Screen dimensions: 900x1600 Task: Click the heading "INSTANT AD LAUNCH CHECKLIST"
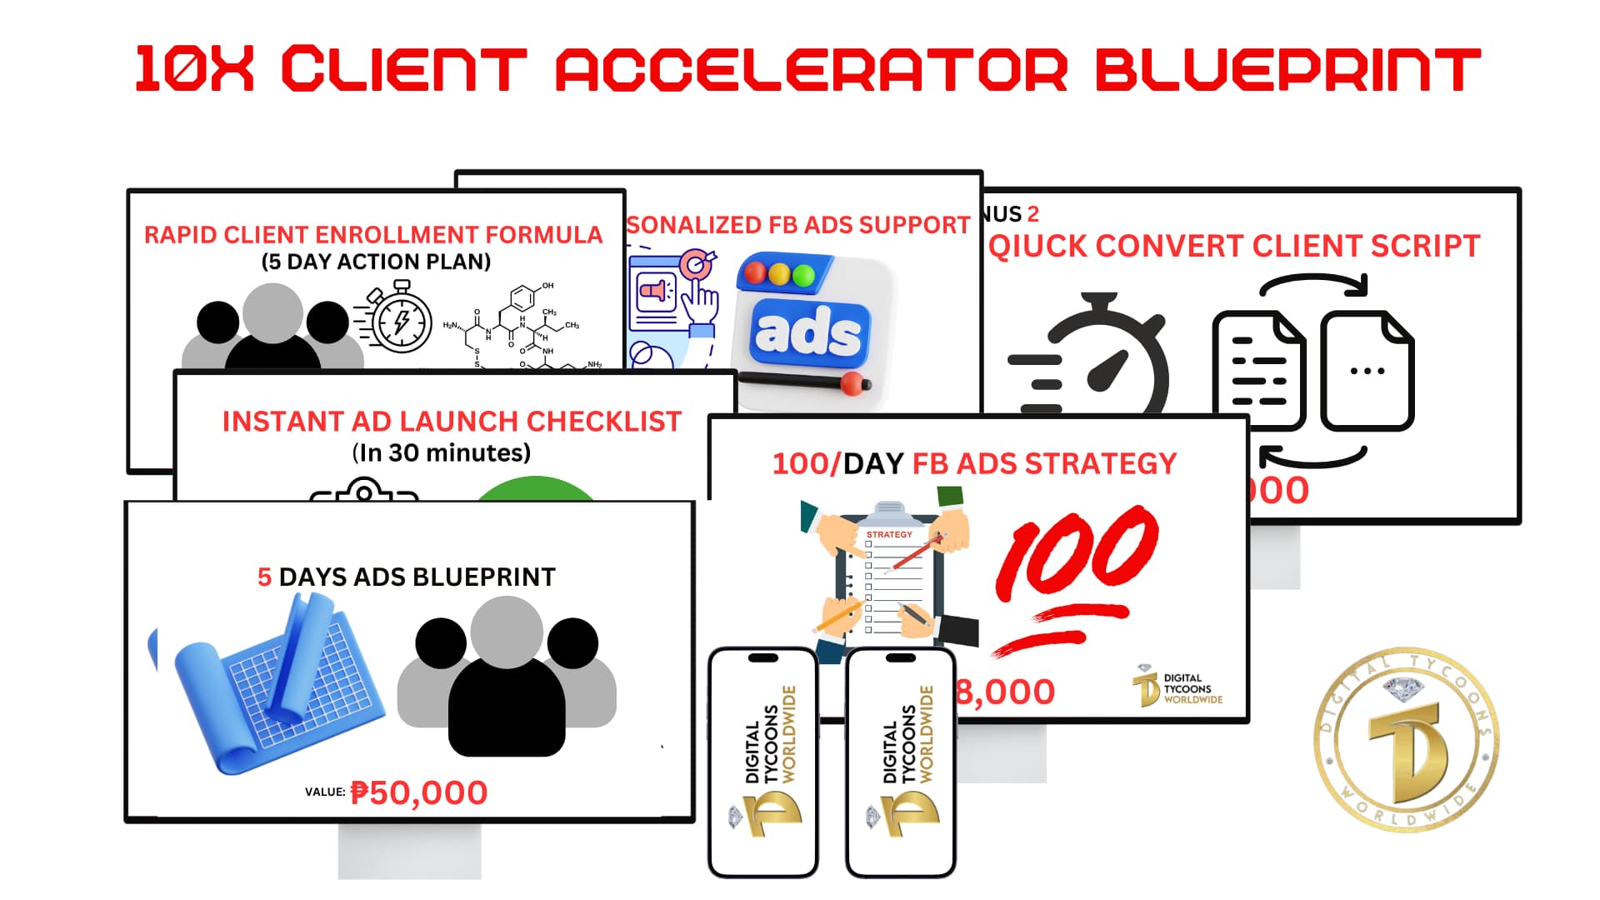point(452,422)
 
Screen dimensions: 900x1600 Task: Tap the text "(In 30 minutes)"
point(441,452)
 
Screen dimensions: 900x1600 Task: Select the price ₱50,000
point(418,792)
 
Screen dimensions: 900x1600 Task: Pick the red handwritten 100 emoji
point(1075,575)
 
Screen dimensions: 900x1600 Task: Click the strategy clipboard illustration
point(890,579)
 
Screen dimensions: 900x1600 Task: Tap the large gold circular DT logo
point(1406,739)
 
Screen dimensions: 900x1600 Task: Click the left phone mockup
point(762,762)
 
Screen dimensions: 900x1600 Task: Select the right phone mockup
point(900,762)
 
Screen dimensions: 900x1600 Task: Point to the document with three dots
point(1367,371)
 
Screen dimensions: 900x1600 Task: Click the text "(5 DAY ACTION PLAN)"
point(376,262)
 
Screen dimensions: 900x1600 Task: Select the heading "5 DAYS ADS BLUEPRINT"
point(406,577)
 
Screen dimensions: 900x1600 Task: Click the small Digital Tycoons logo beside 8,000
point(1177,687)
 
